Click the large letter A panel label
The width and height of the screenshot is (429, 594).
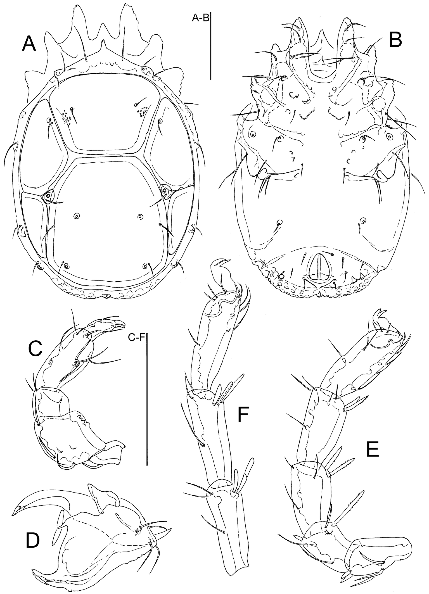coord(29,44)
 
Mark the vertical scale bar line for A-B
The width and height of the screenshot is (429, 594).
coord(210,46)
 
